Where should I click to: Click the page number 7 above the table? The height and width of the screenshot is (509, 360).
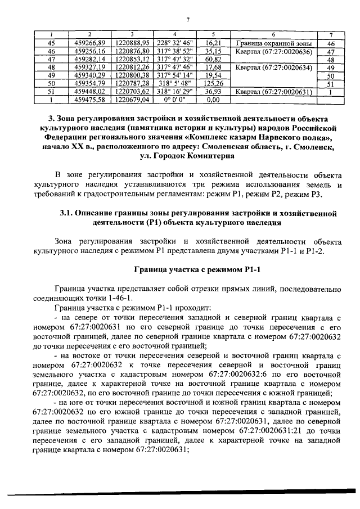pyautogui.click(x=188, y=21)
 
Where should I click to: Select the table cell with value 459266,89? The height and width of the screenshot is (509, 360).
pyautogui.click(x=90, y=42)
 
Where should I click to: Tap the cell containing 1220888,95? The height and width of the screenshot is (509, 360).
pyautogui.click(x=132, y=42)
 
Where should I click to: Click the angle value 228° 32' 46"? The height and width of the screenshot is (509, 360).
pyautogui.click(x=175, y=42)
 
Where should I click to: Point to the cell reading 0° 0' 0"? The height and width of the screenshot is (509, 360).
pyautogui.click(x=175, y=100)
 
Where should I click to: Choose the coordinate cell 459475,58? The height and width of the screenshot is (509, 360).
pyautogui.click(x=90, y=100)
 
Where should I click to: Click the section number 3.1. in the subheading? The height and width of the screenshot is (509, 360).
pyautogui.click(x=67, y=214)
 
